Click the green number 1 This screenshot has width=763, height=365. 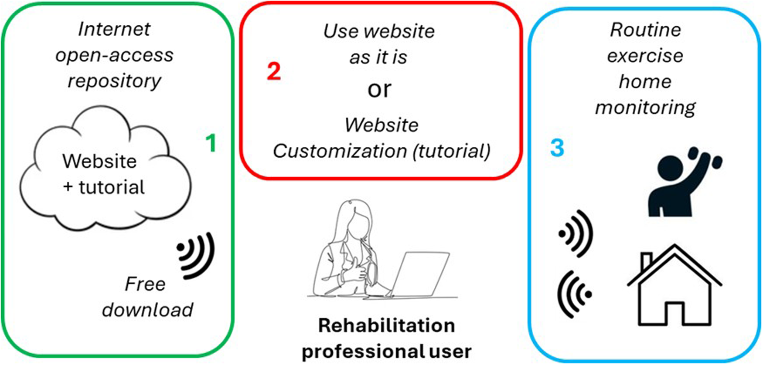(x=211, y=143)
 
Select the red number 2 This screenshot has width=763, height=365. (x=274, y=72)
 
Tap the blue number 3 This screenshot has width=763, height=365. (x=557, y=148)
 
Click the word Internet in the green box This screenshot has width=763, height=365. (x=114, y=30)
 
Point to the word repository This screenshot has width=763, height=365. (x=114, y=81)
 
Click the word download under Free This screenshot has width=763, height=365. (x=147, y=310)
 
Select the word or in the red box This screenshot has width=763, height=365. (x=379, y=89)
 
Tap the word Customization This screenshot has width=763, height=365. (x=340, y=152)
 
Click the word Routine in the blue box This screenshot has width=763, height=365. (x=645, y=30)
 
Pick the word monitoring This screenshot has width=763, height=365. (x=645, y=108)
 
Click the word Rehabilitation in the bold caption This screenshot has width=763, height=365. (x=386, y=326)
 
